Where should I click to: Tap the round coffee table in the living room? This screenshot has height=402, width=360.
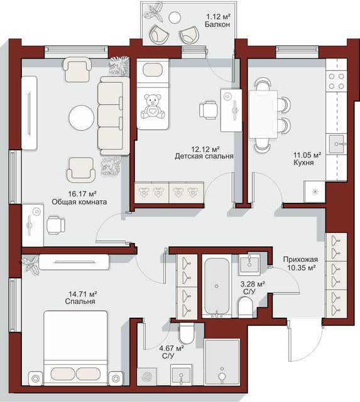(x=82, y=118)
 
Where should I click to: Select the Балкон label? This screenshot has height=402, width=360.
(x=217, y=24)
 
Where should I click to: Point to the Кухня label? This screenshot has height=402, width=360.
(x=303, y=163)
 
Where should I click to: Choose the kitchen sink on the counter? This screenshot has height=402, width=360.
(x=336, y=144)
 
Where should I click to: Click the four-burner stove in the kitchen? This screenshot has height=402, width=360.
(x=336, y=81)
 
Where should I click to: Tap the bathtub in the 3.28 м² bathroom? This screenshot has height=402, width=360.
(x=217, y=286)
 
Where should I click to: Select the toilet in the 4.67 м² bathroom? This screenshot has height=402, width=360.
(x=187, y=334)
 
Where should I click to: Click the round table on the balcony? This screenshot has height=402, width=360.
(x=175, y=18)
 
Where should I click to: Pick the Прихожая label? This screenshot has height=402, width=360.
(x=300, y=259)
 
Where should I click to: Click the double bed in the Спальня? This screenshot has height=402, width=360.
(x=75, y=348)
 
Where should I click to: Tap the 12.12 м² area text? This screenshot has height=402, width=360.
(x=205, y=149)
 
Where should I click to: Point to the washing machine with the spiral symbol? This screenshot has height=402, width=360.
(x=146, y=376)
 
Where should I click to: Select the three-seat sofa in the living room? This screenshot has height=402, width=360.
(x=113, y=116)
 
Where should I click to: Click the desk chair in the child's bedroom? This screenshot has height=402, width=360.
(x=209, y=111)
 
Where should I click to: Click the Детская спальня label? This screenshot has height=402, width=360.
(x=204, y=156)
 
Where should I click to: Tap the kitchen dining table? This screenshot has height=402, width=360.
(x=263, y=114)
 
